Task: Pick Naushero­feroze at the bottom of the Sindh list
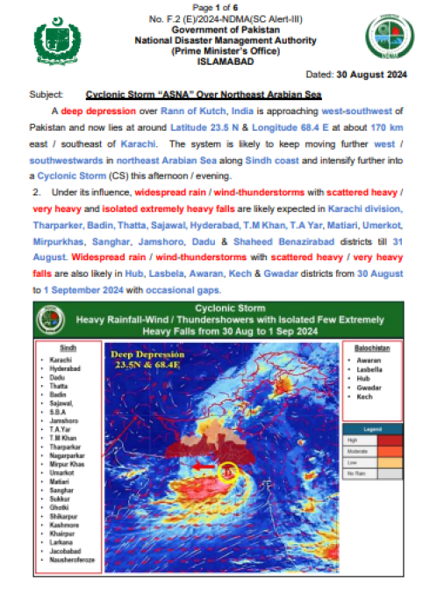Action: point(75,560)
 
